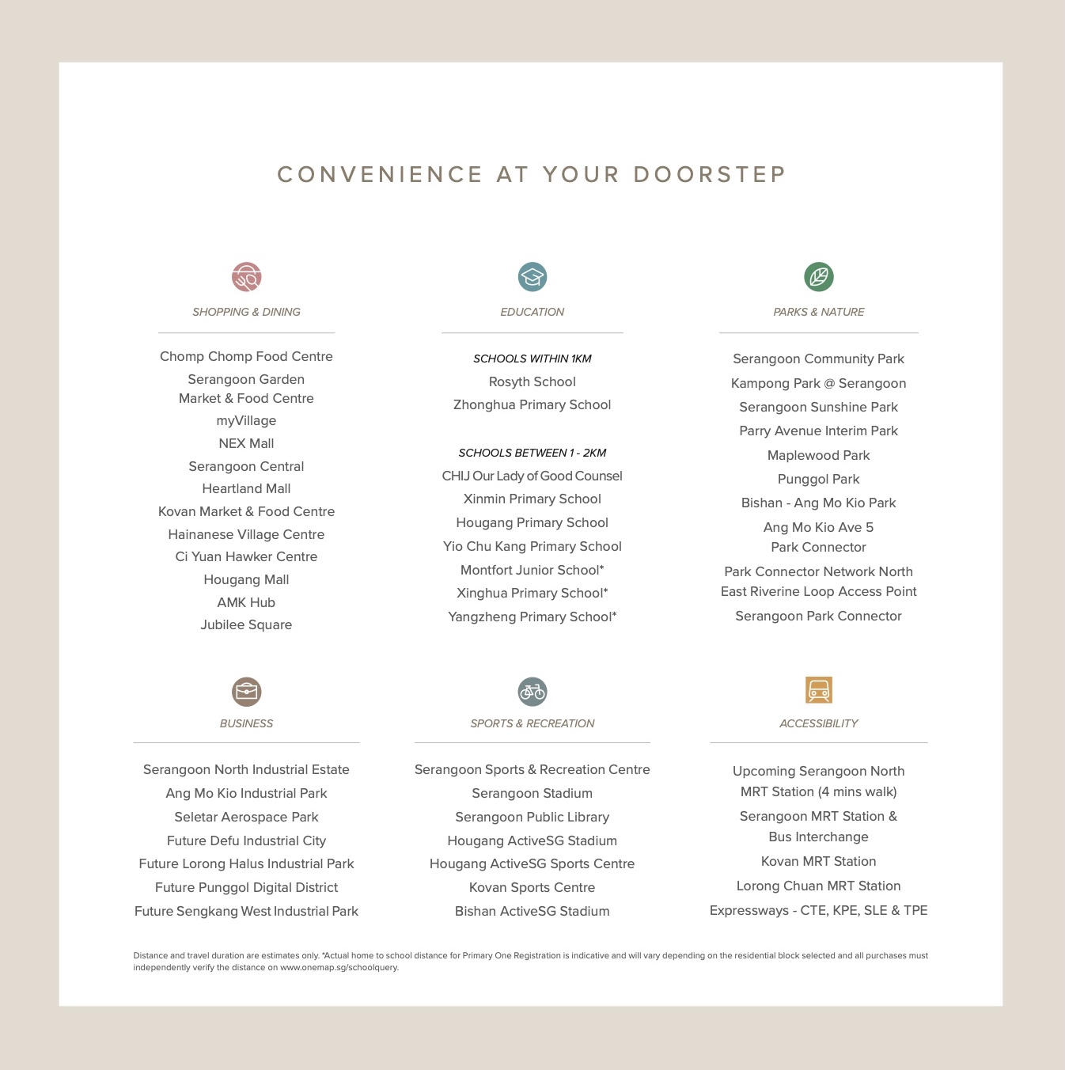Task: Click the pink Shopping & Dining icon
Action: (x=247, y=277)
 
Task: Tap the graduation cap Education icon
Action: (x=532, y=277)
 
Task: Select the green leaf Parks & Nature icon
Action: (x=819, y=277)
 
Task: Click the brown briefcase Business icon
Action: (x=247, y=692)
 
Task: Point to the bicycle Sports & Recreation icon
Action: (x=532, y=692)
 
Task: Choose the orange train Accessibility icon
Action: (x=819, y=690)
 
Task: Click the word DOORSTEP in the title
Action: (x=710, y=175)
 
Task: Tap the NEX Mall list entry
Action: (x=247, y=443)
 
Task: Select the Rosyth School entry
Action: (x=532, y=381)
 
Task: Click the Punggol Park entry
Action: (x=819, y=479)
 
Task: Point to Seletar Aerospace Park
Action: (x=247, y=817)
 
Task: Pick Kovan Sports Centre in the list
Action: (x=532, y=887)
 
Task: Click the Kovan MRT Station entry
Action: (x=819, y=861)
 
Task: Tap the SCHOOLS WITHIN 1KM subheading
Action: (x=532, y=359)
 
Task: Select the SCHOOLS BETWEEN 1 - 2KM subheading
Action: (x=532, y=453)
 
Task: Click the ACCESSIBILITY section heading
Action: (x=819, y=723)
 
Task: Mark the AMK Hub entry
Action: (x=247, y=602)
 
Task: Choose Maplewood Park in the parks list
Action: (x=819, y=455)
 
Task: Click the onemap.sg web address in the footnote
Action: (x=339, y=967)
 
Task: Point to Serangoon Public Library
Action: (x=532, y=817)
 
